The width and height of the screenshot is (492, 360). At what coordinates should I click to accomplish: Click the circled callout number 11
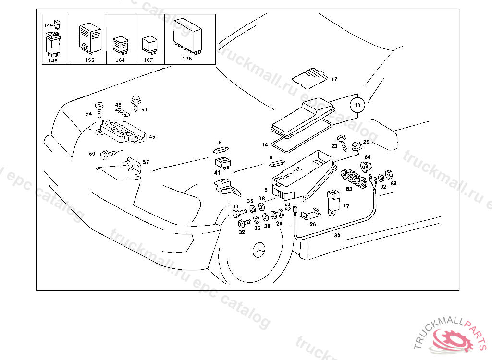point(357,104)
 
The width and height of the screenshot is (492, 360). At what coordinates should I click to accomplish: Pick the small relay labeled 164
point(119,45)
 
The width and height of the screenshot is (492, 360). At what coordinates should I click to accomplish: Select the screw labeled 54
point(100,108)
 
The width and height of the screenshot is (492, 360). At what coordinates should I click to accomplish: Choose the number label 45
point(152,137)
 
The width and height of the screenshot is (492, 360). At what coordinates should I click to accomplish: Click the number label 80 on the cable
point(337,235)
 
